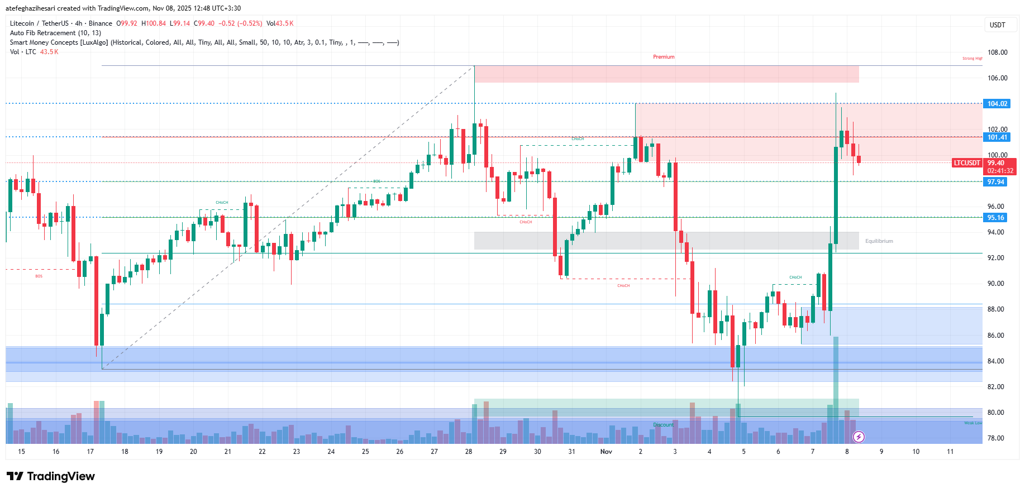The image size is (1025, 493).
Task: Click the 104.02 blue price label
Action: pos(997,104)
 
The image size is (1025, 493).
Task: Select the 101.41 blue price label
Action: pos(997,137)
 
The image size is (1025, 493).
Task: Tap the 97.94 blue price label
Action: pos(995,182)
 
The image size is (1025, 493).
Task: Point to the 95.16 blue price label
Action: pos(995,218)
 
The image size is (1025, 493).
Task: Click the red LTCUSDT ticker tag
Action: pos(967,163)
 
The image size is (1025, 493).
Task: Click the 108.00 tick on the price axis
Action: pos(997,52)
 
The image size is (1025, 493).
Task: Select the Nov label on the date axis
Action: pos(606,452)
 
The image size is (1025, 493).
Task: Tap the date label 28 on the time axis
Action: pos(469,452)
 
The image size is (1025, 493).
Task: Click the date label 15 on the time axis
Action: pos(21,452)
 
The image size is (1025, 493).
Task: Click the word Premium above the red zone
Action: pos(664,57)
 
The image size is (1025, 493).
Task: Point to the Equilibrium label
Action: pos(879,241)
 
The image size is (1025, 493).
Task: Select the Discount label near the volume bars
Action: pos(663,425)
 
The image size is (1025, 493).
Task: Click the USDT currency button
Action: pos(997,25)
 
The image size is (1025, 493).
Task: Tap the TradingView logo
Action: pos(51,476)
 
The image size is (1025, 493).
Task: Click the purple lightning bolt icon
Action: pos(859,437)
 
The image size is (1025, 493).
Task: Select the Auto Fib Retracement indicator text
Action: pos(55,33)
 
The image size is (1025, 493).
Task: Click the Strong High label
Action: pos(972,58)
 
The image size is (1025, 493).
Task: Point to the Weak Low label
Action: pos(972,423)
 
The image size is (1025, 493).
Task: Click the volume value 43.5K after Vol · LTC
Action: pos(49,52)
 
